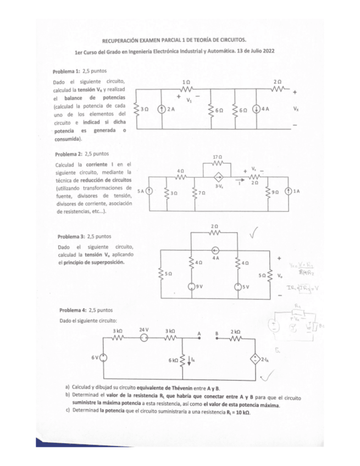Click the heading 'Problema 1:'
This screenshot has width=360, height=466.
pos(66,71)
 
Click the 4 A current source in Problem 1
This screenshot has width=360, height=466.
pos(257,109)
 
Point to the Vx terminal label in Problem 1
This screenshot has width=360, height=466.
pos(296,109)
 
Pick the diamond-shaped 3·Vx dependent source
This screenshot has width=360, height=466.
pos(218,177)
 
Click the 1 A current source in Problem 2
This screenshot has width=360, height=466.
pos(289,192)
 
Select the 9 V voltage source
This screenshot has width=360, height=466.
pos(190,286)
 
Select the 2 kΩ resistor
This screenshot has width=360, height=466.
pos(232,339)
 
